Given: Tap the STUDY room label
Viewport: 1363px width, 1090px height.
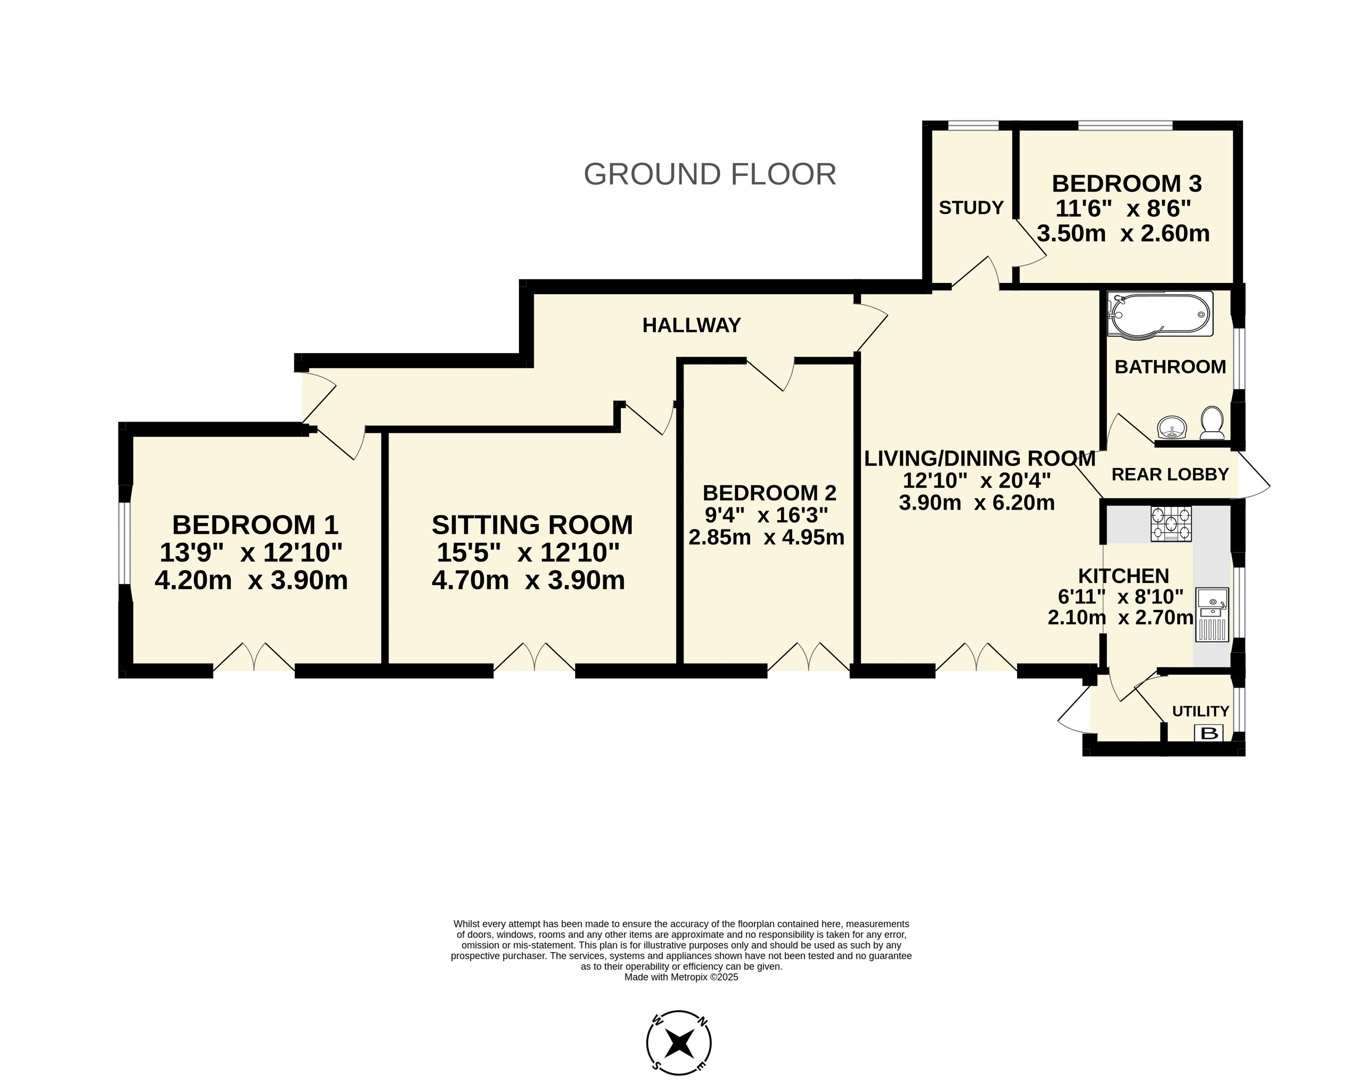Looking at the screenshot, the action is click(x=971, y=208).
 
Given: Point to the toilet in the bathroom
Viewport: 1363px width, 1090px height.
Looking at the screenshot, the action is click(x=1212, y=423).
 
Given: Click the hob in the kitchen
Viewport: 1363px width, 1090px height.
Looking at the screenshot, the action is click(x=1171, y=524).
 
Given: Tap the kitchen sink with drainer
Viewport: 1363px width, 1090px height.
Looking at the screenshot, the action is click(x=1211, y=615).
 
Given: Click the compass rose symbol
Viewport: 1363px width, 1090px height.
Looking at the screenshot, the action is click(x=679, y=1043).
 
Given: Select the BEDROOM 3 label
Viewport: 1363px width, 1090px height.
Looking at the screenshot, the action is click(x=1127, y=184).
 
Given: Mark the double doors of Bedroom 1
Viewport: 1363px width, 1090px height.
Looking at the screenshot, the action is click(x=254, y=657).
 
